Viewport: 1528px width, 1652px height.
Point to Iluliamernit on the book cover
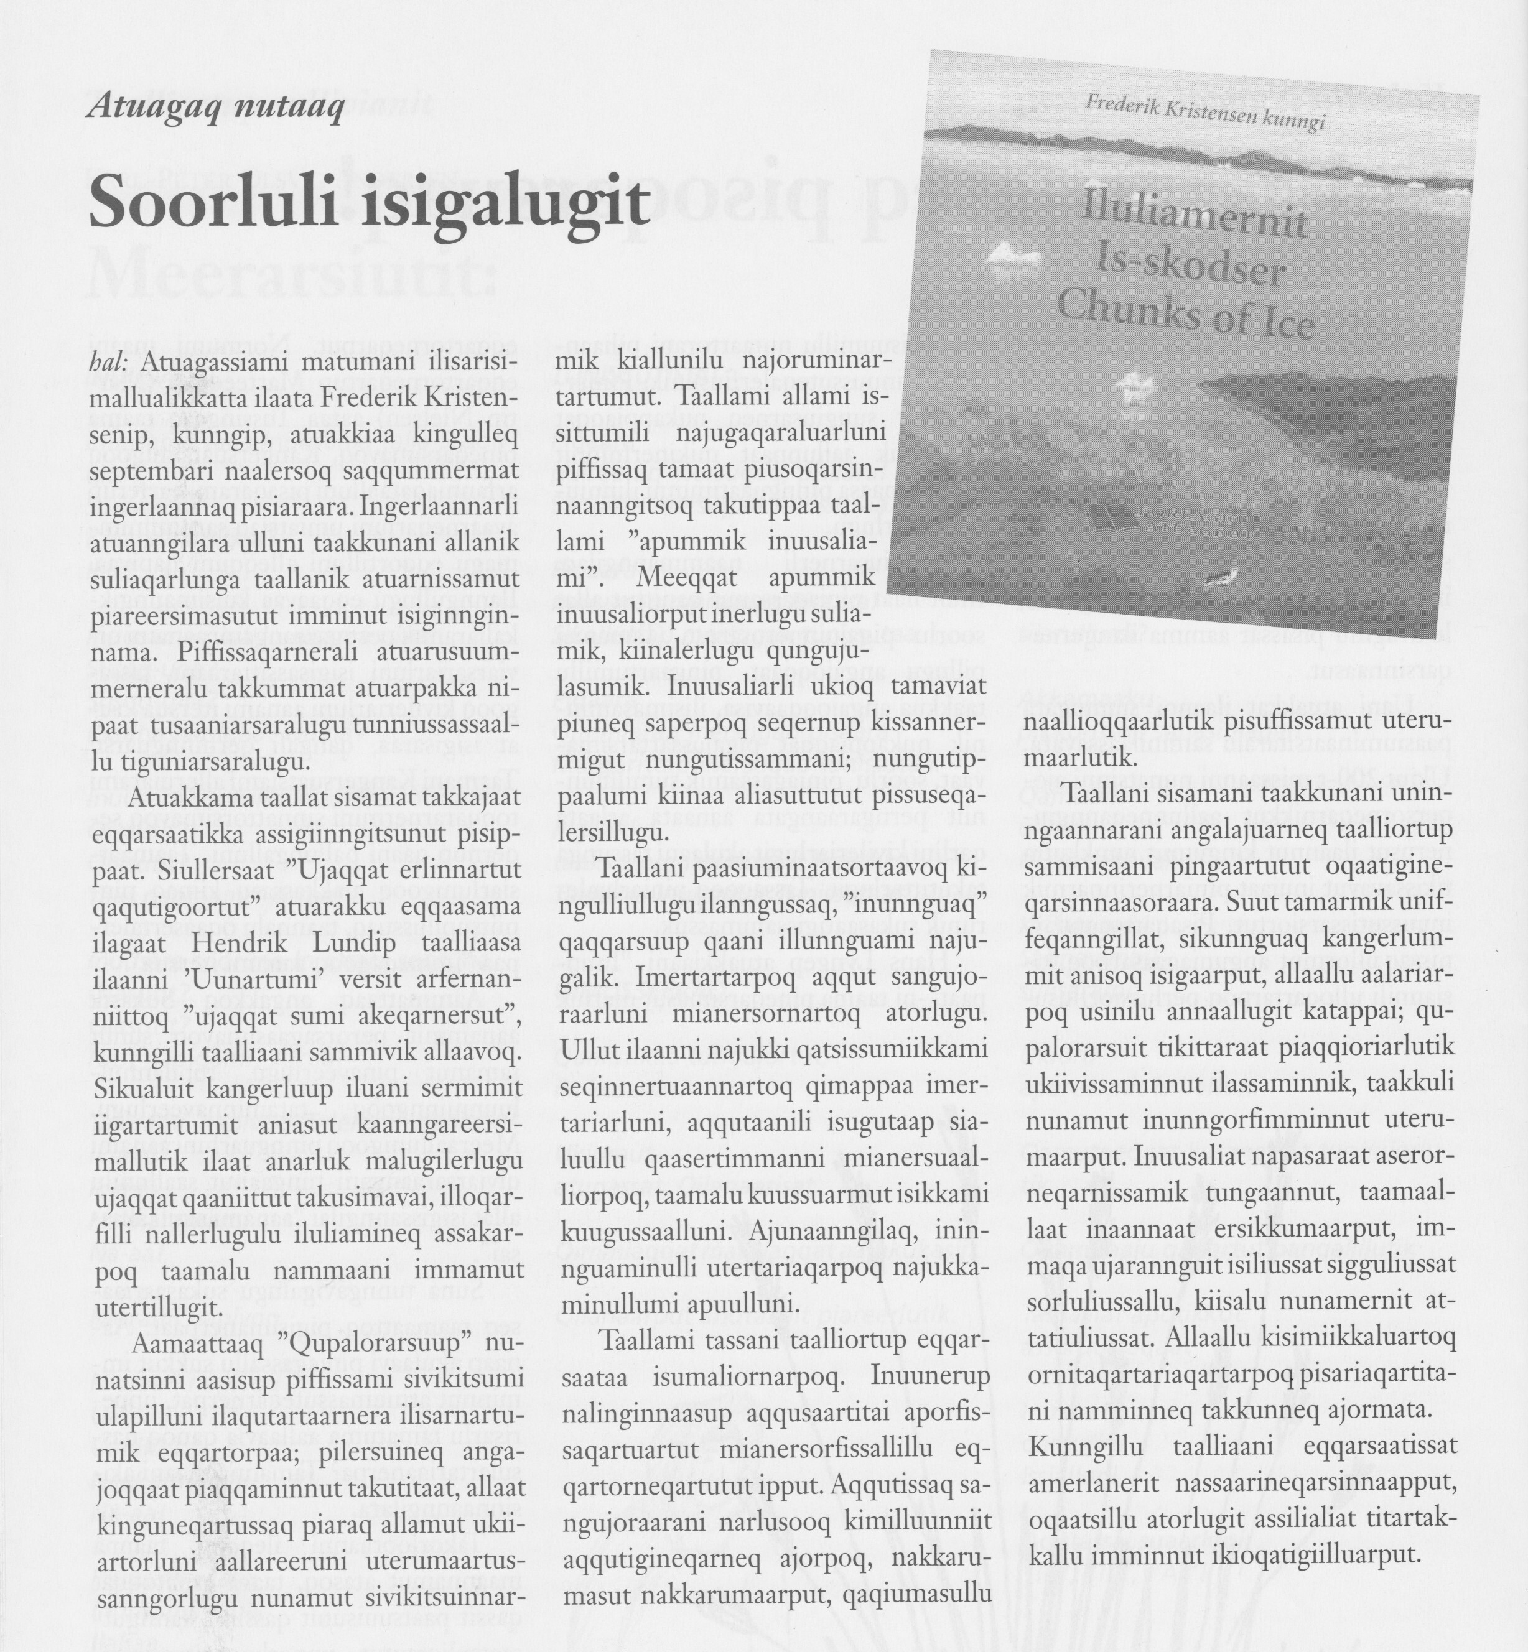point(1194,217)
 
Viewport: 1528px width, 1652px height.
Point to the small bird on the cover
point(1222,579)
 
